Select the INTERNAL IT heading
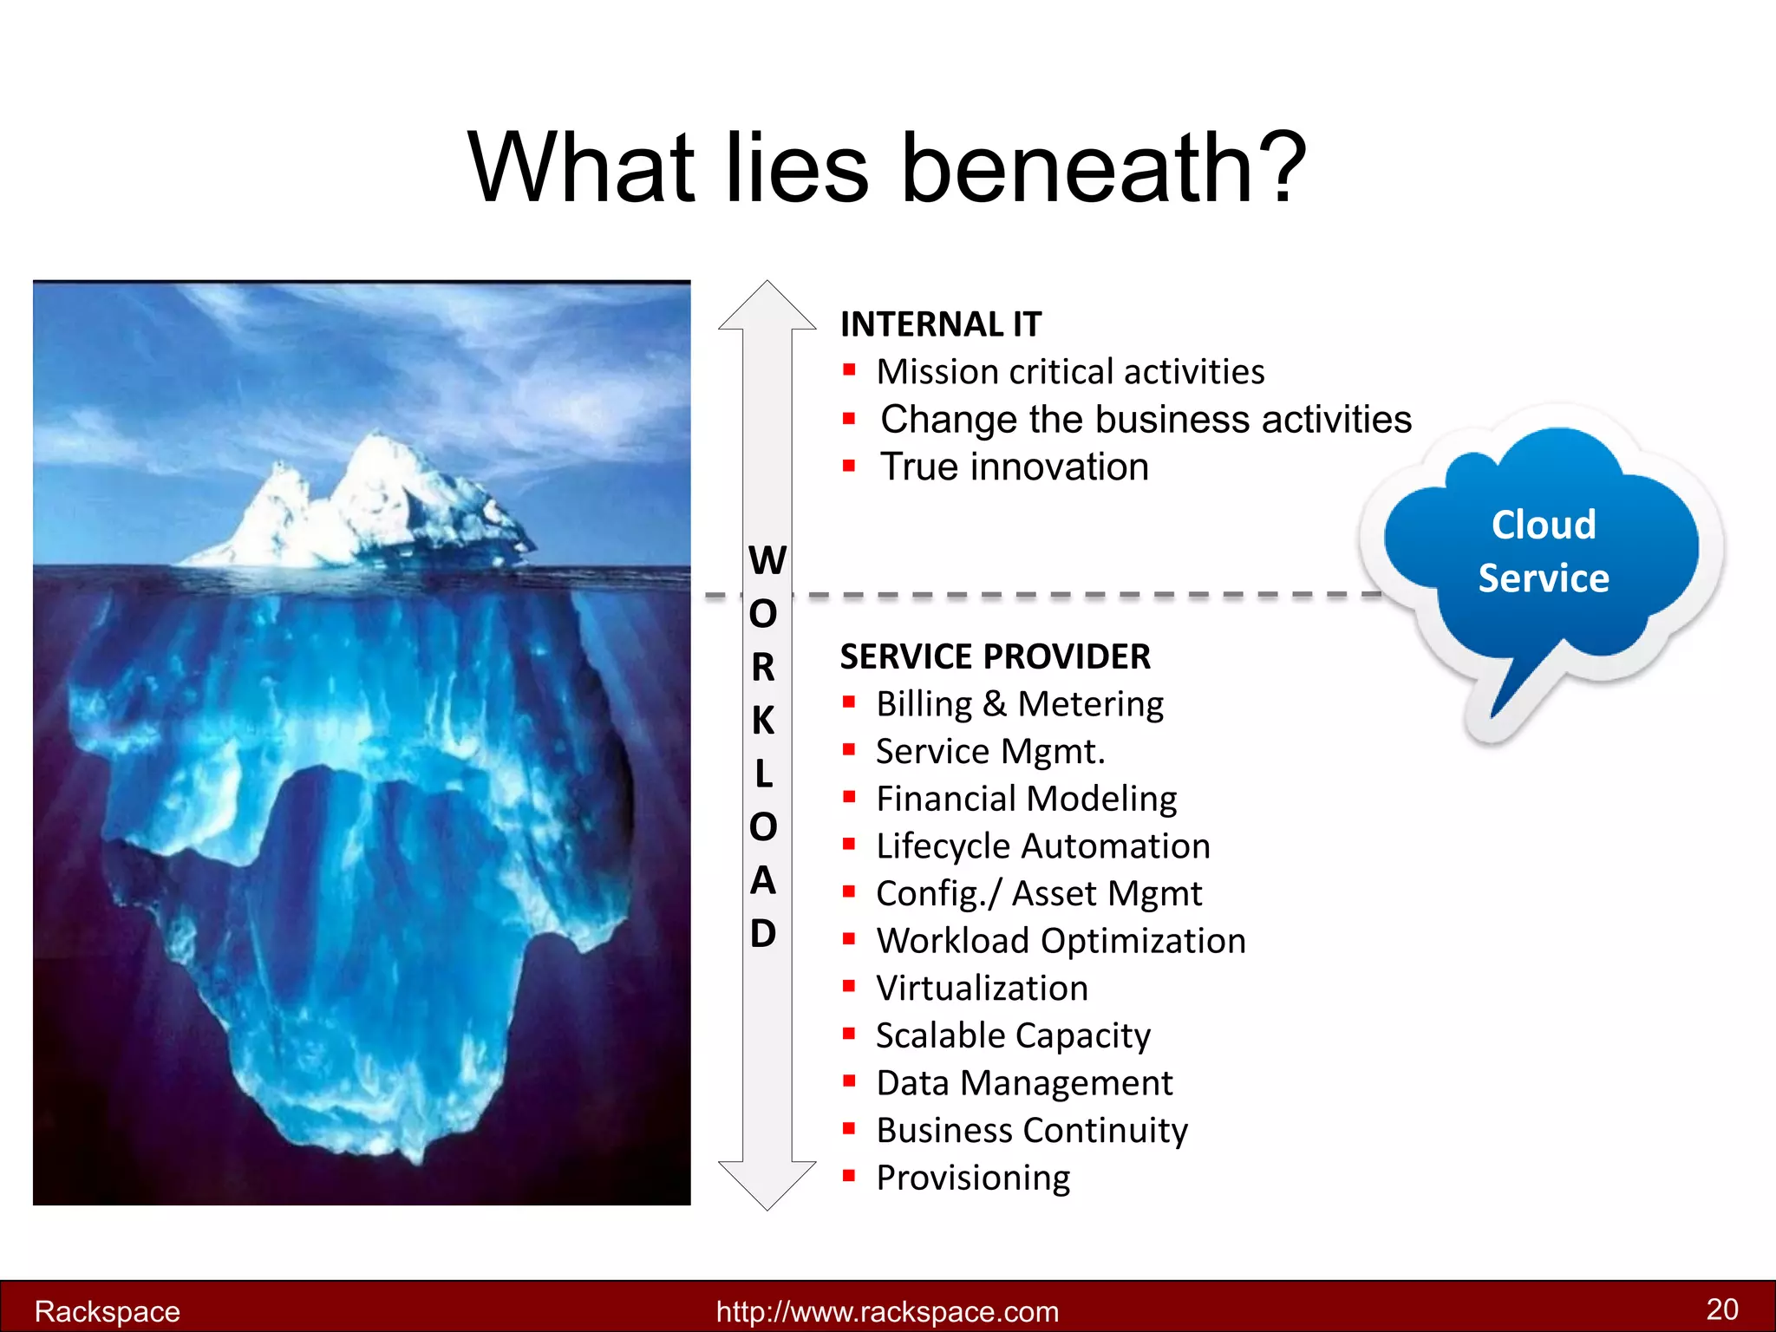[x=941, y=324]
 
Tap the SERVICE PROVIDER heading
[x=995, y=656]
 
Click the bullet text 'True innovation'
[x=1015, y=467]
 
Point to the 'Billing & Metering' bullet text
[x=1020, y=703]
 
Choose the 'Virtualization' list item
[x=982, y=988]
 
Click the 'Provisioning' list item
[x=973, y=1178]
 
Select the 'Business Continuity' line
[x=1032, y=1130]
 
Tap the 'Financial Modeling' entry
[x=1027, y=799]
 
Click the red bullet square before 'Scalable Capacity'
[x=849, y=1034]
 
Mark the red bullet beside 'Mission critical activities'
[x=849, y=370]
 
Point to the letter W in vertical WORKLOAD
[x=767, y=560]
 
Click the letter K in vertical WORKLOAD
[x=763, y=720]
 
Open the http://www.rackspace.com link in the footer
[x=887, y=1311]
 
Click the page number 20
[x=1722, y=1309]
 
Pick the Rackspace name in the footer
[x=108, y=1311]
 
